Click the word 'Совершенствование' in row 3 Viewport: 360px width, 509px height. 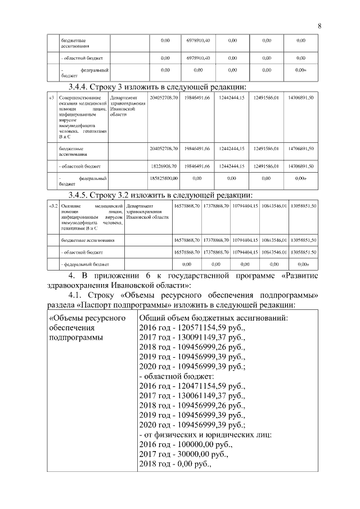[x=82, y=98]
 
